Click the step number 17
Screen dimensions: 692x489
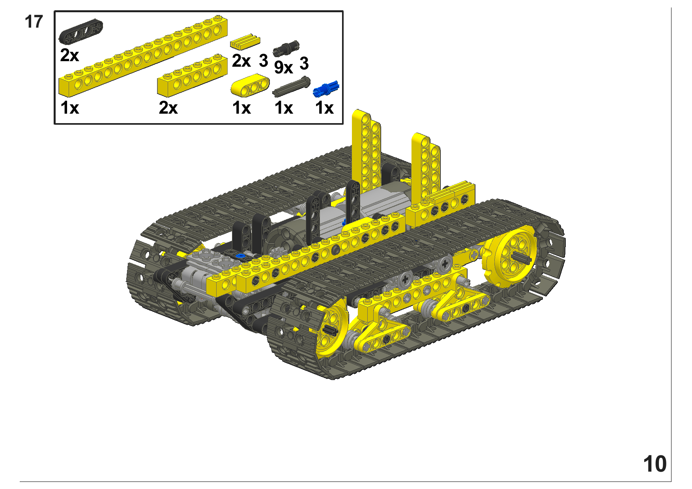[x=34, y=22]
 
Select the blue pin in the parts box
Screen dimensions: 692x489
[x=326, y=89]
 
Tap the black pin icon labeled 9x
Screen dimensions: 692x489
[x=286, y=49]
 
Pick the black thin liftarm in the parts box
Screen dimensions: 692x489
[x=81, y=31]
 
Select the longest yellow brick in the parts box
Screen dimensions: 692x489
[x=143, y=56]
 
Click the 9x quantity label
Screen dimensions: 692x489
[x=283, y=67]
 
